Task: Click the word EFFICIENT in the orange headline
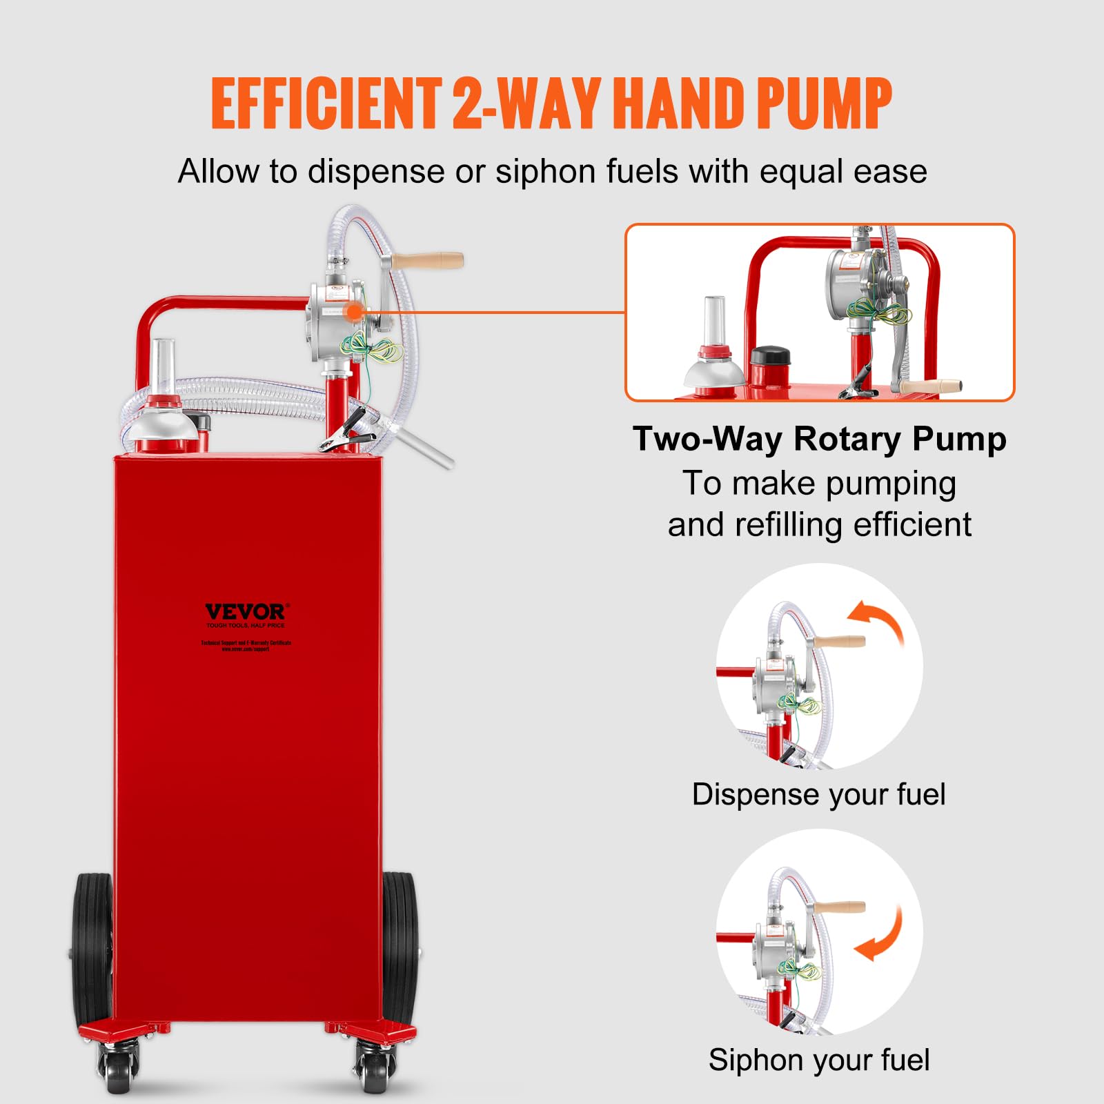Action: tap(326, 103)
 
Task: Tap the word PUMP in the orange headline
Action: tap(824, 103)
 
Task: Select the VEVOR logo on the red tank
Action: tap(245, 612)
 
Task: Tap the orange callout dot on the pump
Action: tap(355, 312)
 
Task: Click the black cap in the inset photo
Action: tap(770, 358)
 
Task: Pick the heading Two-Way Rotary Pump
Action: tap(819, 439)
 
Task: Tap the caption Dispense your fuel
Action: tap(818, 794)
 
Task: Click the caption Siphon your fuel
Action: tap(818, 1060)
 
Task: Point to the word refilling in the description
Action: tap(790, 524)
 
